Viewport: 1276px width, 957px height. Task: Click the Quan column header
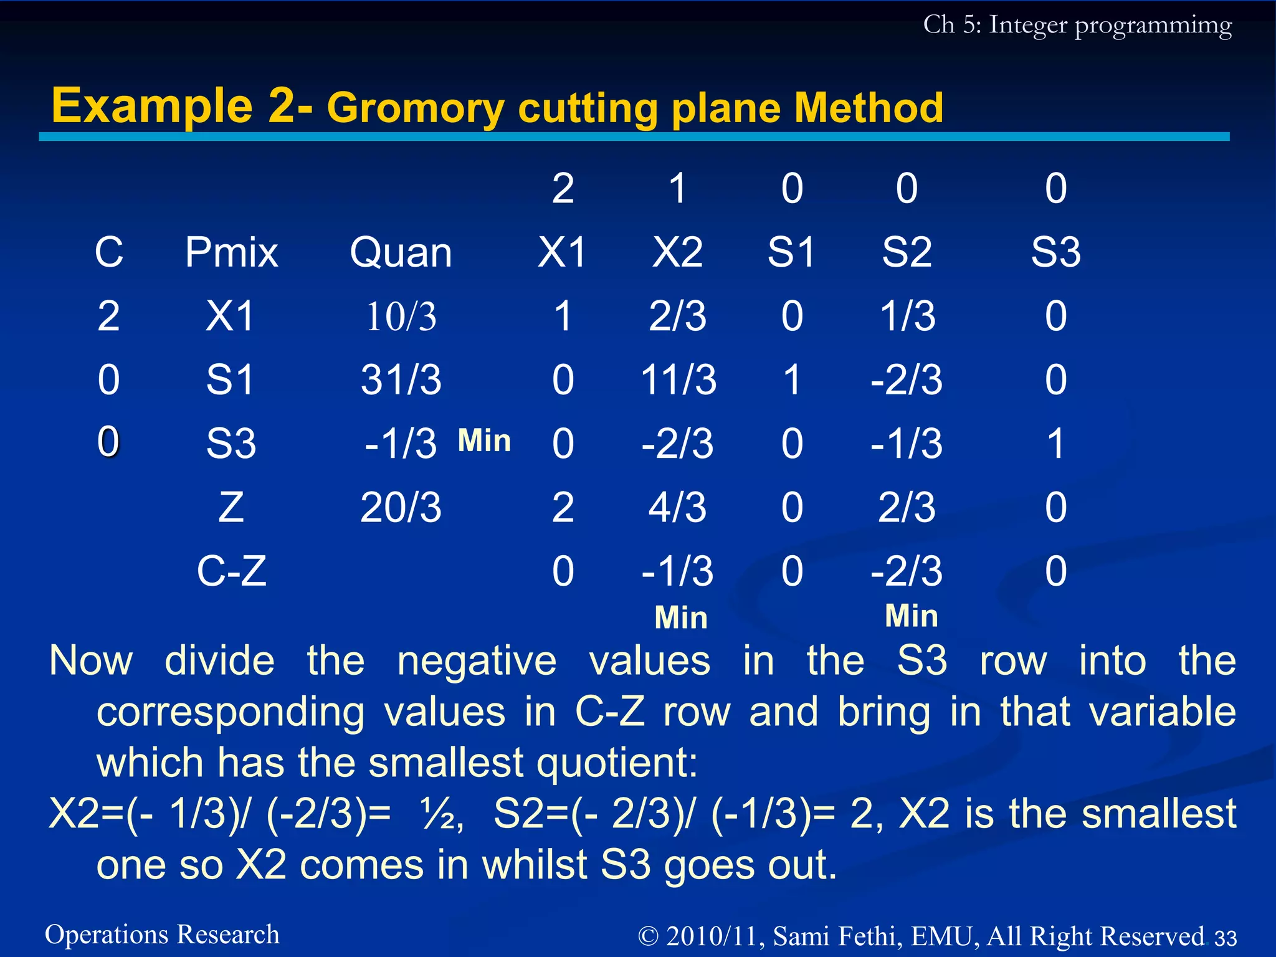click(x=401, y=253)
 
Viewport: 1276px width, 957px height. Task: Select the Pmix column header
click(x=231, y=253)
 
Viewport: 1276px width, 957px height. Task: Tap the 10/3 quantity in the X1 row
click(x=401, y=317)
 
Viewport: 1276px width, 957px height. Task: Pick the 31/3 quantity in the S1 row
click(x=401, y=380)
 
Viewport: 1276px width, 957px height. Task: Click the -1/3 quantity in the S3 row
click(x=401, y=444)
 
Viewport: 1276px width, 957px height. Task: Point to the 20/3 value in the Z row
click(x=401, y=508)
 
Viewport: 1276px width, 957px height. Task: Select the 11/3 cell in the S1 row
click(x=678, y=380)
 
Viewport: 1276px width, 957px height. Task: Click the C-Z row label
click(x=231, y=571)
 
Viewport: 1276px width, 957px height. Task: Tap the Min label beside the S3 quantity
click(x=484, y=441)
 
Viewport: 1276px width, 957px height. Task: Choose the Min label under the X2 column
click(x=681, y=618)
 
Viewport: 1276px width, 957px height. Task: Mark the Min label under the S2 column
click(x=911, y=616)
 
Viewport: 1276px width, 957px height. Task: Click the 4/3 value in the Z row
click(x=678, y=508)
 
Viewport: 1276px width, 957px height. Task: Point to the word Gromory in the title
click(x=415, y=109)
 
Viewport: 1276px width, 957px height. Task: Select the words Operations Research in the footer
click(x=162, y=935)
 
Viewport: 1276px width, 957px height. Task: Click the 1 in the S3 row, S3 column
click(x=1055, y=444)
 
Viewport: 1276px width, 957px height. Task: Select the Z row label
click(x=231, y=508)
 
